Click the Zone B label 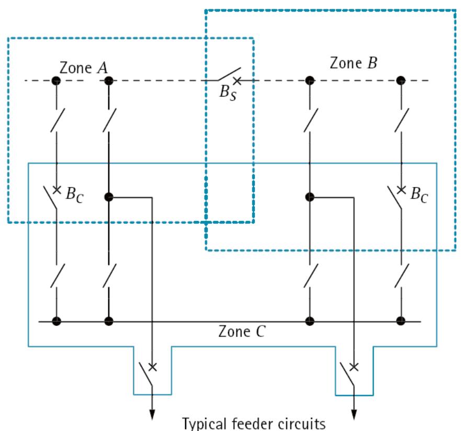click(x=353, y=63)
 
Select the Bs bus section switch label click(x=229, y=95)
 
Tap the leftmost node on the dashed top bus click(x=55, y=80)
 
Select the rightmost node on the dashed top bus click(x=401, y=80)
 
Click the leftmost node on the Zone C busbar click(x=55, y=321)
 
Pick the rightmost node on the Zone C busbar click(x=401, y=321)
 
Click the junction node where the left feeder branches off click(x=109, y=197)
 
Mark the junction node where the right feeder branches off click(x=310, y=197)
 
